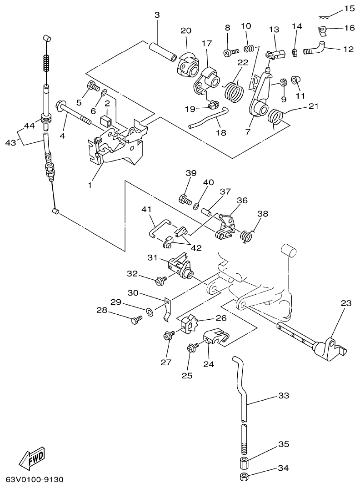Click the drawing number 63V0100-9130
[35, 480]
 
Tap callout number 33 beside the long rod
[284, 396]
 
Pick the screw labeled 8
[230, 52]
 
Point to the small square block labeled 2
[107, 121]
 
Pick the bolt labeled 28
[135, 321]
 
